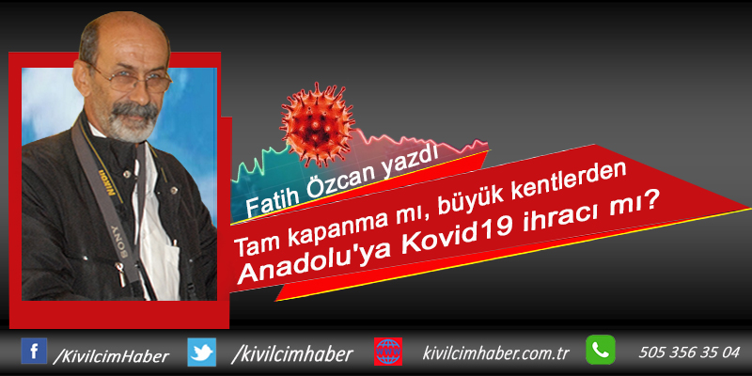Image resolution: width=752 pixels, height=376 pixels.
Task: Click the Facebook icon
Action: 34,351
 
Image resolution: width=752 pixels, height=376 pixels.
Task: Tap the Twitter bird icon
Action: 201,352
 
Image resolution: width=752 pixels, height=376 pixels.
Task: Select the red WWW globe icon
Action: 388,352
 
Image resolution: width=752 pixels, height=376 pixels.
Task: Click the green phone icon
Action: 601,350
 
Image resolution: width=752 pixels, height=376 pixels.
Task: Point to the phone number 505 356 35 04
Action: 689,352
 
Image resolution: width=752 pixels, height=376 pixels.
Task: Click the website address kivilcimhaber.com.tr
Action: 495,353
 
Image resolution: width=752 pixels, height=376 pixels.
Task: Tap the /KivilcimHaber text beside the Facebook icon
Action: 111,356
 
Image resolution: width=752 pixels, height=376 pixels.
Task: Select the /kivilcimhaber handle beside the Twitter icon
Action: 292,354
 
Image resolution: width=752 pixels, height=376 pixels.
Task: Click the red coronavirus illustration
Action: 318,125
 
